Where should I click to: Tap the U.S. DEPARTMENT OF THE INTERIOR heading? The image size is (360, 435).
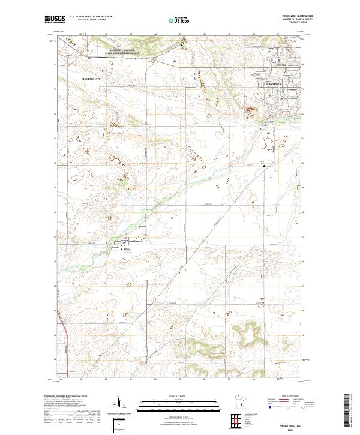tap(91, 17)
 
